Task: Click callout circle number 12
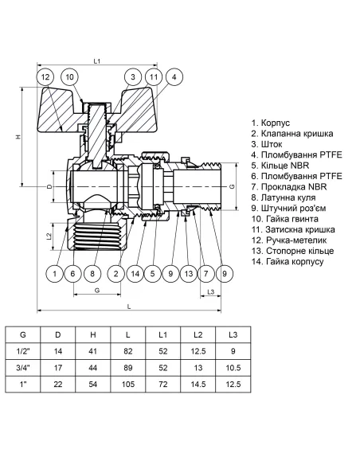pos(46,77)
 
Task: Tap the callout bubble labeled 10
pos(70,77)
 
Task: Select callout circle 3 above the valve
pos(131,77)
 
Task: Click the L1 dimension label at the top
pos(96,61)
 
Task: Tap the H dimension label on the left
pos(17,138)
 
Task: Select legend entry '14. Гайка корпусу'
pos(288,262)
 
